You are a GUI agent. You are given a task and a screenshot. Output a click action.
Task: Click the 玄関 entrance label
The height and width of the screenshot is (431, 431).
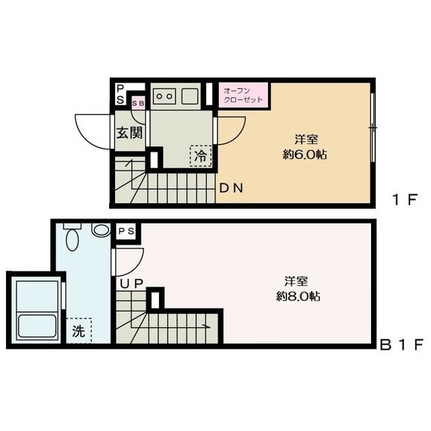(x=130, y=133)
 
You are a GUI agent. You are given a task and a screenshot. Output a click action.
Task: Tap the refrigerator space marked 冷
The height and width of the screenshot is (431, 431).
(x=201, y=156)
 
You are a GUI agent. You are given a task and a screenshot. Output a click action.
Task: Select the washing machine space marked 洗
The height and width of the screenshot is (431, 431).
(x=79, y=331)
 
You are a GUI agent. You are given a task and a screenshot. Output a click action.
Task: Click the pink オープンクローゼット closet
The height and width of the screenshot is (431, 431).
(x=243, y=95)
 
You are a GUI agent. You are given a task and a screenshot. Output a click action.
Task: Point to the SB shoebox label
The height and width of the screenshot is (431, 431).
(x=138, y=103)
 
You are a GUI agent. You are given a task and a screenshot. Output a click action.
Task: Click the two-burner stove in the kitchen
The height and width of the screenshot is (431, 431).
(x=164, y=96)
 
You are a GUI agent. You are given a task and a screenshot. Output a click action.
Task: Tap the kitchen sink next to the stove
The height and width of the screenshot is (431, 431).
(x=190, y=96)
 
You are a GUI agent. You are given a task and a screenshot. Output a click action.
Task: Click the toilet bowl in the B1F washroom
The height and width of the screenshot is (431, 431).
(x=73, y=236)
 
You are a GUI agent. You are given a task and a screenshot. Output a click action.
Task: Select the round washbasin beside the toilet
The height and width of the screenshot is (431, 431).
(x=101, y=230)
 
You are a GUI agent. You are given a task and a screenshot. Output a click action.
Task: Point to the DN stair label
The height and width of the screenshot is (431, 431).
(x=231, y=188)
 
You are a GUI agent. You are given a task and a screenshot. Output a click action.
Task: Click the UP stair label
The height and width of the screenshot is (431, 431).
(x=132, y=284)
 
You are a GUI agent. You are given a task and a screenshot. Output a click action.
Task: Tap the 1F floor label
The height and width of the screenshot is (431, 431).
(x=405, y=200)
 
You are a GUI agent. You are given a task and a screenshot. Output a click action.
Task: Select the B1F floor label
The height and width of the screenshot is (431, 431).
(x=401, y=345)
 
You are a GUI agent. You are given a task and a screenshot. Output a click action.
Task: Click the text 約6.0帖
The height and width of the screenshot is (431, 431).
(x=305, y=155)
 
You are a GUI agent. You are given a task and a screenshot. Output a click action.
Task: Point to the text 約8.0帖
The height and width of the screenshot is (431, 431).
(x=298, y=296)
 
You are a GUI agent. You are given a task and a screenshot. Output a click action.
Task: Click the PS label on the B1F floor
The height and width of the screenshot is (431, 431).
(x=126, y=231)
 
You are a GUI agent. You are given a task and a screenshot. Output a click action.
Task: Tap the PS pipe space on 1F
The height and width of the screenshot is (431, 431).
(x=120, y=94)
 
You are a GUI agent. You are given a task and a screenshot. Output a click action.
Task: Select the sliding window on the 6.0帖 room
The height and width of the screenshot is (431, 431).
(x=372, y=128)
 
